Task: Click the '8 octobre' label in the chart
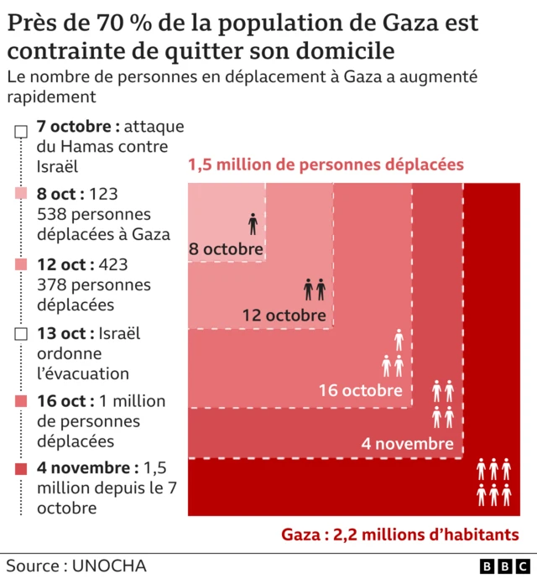click(225, 249)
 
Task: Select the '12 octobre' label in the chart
click(284, 316)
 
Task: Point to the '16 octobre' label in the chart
click(360, 390)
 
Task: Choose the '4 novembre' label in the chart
click(407, 444)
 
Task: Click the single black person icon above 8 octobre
click(253, 223)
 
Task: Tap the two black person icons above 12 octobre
click(314, 290)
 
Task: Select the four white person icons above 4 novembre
click(442, 404)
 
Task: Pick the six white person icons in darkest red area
click(493, 482)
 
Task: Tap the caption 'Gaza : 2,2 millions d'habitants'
click(399, 535)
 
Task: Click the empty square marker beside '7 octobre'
click(21, 131)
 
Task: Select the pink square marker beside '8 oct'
click(21, 195)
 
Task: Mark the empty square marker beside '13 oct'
click(21, 334)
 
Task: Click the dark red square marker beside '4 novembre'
click(21, 468)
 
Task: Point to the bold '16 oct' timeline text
click(64, 401)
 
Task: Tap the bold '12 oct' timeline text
click(64, 264)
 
